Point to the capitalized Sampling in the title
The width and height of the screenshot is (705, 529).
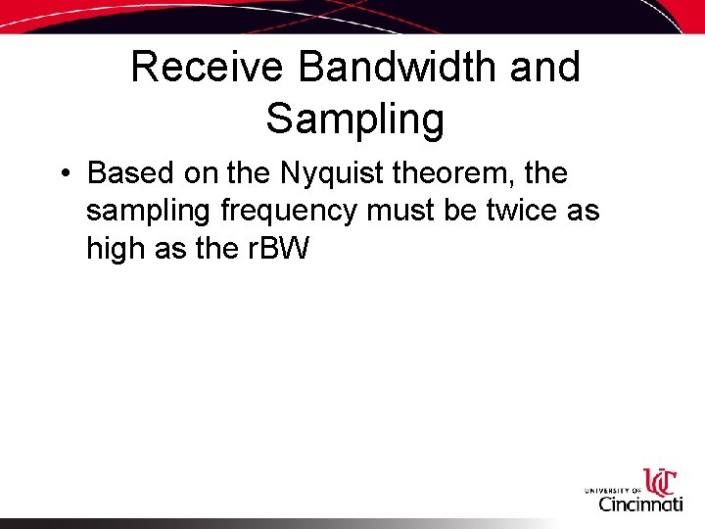pyautogui.click(x=354, y=120)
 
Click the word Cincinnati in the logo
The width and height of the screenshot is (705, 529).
pyautogui.click(x=641, y=505)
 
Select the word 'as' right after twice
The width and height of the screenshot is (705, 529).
pyautogui.click(x=582, y=212)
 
